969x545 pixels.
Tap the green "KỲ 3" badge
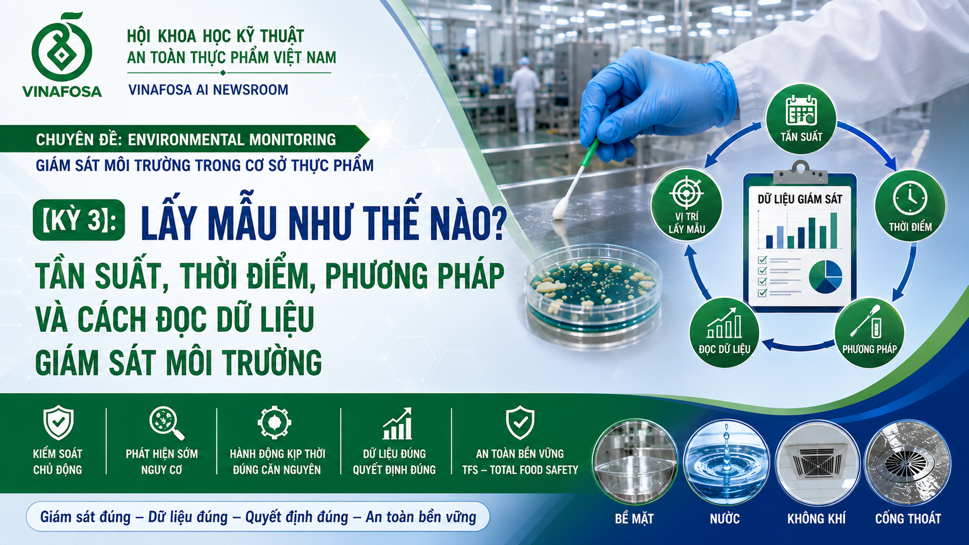79,220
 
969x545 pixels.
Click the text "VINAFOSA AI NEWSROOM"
208,89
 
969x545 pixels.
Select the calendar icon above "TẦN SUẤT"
801,111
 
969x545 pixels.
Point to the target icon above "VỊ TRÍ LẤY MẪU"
687,192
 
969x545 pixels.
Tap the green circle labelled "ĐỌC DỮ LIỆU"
724,332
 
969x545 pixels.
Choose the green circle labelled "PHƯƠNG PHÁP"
869,332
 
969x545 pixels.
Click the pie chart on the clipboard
825,277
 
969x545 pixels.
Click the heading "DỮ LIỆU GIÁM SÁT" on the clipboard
800,199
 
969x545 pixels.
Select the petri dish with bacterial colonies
593,294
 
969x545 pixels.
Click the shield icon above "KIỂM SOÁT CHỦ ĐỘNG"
58,423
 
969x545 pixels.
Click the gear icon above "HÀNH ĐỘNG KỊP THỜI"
274,422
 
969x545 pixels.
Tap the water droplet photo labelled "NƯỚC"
726,463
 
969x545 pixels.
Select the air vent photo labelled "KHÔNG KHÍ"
817,463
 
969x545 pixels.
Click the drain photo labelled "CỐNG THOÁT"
908,463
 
